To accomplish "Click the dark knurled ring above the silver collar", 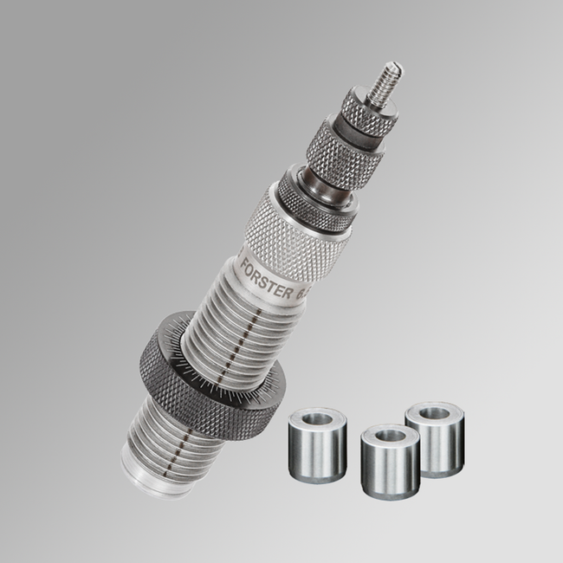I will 314,197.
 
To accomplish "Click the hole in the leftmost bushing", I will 319,417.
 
